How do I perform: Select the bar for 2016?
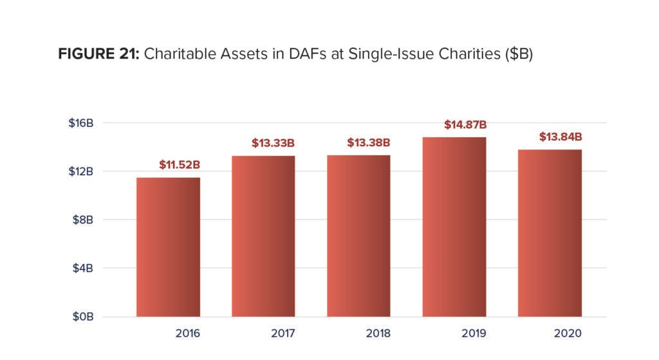[x=168, y=247]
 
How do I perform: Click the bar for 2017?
[x=263, y=236]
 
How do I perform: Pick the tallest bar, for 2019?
[x=454, y=227]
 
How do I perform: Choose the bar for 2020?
[x=550, y=233]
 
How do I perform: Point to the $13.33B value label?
[x=273, y=143]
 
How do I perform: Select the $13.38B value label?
[x=369, y=142]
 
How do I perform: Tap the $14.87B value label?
[x=465, y=124]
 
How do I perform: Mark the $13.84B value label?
[x=561, y=137]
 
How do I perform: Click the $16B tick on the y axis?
[x=82, y=123]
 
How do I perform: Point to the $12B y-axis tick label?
[x=82, y=171]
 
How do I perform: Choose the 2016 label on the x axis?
[x=187, y=334]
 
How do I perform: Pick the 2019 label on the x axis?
[x=474, y=334]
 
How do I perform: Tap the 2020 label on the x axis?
[x=568, y=334]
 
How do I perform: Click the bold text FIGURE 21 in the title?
[x=98, y=54]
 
